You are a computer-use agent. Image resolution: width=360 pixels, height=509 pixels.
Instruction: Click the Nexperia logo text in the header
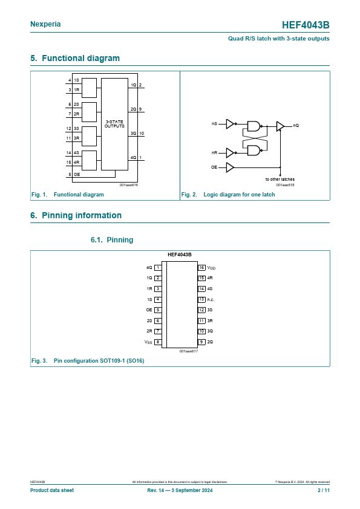tap(45, 24)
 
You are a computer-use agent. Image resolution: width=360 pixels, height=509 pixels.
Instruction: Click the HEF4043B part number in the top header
tap(306, 25)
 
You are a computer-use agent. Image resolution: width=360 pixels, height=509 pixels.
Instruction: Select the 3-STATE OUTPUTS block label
tap(114, 124)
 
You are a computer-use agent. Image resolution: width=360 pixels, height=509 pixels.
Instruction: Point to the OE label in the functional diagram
tap(77, 175)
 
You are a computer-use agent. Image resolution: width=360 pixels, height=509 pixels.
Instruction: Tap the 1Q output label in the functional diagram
tap(134, 85)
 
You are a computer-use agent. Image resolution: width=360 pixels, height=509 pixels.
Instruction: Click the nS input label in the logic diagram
tap(214, 124)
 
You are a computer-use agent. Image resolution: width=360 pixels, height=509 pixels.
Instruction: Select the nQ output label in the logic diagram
tap(296, 125)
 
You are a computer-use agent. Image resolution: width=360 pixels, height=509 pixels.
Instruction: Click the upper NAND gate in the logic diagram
tap(254, 126)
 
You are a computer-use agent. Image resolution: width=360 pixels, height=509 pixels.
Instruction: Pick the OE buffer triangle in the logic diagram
tap(230, 167)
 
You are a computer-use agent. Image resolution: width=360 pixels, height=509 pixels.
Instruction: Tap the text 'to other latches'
tap(280, 179)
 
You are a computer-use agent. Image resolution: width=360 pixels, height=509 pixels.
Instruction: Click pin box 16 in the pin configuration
tap(201, 268)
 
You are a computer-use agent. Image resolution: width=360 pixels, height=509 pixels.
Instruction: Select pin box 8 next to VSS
tap(158, 342)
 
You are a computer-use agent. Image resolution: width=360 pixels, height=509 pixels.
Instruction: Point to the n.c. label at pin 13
tap(211, 300)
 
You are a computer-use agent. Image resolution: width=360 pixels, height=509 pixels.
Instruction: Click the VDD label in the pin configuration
tap(211, 268)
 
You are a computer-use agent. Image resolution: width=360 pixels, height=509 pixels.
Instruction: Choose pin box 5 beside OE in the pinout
tap(158, 310)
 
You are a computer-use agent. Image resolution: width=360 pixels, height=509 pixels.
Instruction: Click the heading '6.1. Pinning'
tap(112, 240)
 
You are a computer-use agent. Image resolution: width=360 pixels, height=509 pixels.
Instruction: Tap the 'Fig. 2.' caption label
tap(189, 195)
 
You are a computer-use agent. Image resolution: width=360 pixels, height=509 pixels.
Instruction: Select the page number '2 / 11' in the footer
tap(324, 490)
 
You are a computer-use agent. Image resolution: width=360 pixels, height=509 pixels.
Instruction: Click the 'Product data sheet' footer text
tap(52, 490)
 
